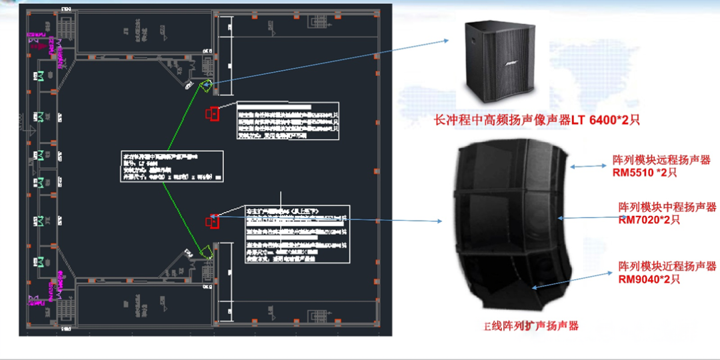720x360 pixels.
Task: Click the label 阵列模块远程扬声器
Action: [x=661, y=160]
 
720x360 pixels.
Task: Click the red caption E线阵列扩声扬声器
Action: [x=531, y=326]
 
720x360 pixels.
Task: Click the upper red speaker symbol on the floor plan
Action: [x=213, y=113]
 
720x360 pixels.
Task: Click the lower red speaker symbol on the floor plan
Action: [x=213, y=221]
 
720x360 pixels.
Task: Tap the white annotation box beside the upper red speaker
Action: [x=287, y=120]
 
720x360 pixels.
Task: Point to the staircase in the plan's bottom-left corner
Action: [x=67, y=307]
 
